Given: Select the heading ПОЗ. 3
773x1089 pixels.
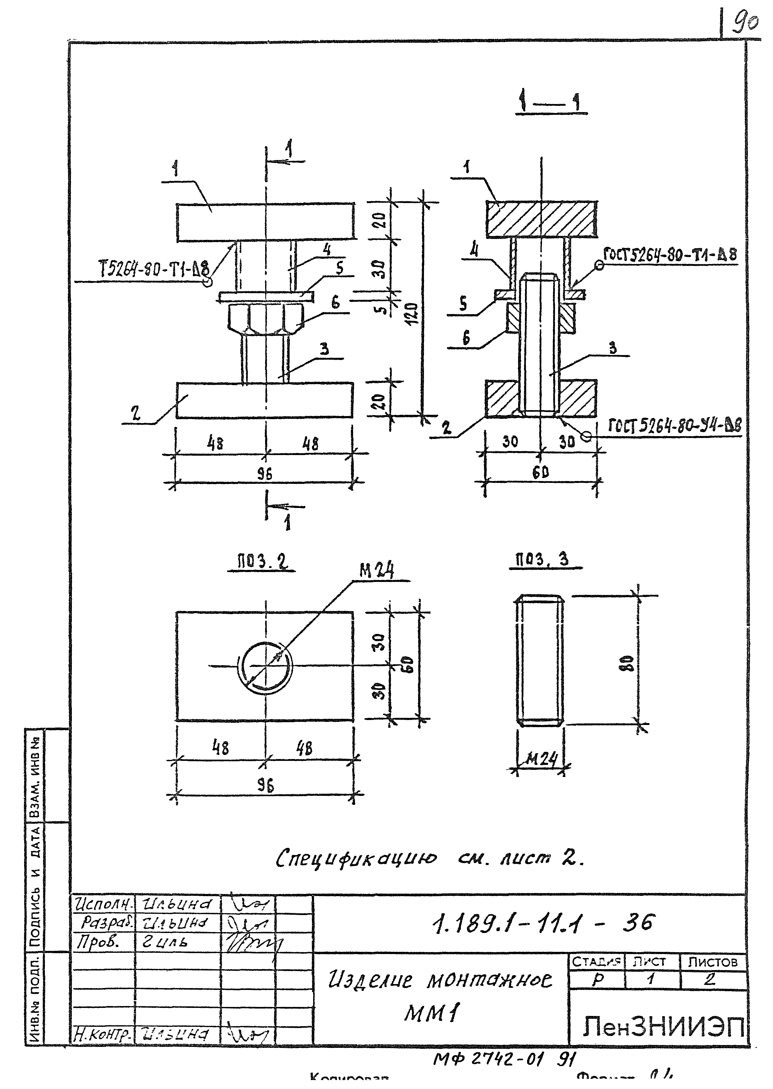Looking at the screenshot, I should pos(542,559).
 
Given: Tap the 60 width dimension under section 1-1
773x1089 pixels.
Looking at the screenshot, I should pos(541,472).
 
